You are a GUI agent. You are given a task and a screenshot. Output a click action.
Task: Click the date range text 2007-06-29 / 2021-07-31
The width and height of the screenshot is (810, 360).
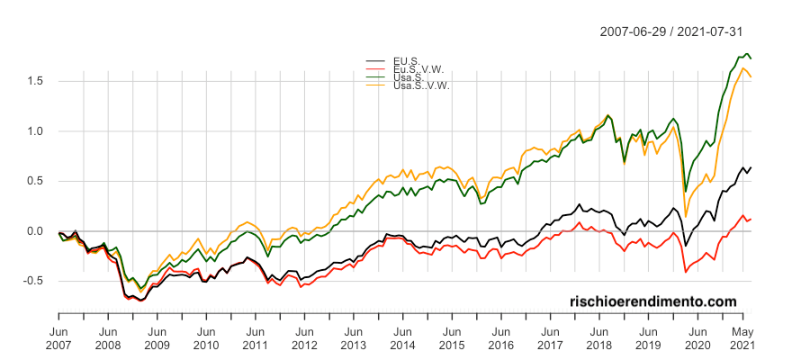click(x=671, y=31)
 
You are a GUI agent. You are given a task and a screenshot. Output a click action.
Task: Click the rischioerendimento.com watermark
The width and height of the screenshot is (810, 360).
click(x=653, y=301)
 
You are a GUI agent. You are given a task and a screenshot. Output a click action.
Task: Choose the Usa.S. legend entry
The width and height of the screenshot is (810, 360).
click(x=409, y=77)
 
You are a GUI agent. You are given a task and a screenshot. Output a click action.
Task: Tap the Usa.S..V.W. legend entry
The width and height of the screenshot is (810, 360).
click(x=420, y=85)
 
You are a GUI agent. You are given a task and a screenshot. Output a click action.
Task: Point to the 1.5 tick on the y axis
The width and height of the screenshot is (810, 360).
click(x=39, y=81)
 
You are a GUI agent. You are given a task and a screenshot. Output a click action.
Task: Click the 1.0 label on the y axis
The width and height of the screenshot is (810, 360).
click(x=39, y=131)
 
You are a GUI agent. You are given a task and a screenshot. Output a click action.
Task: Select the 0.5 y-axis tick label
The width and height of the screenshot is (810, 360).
click(x=39, y=181)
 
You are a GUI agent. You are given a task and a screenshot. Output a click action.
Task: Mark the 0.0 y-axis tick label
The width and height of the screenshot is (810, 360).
click(x=39, y=231)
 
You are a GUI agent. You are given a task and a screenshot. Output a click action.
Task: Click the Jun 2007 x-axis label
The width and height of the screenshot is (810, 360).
click(x=58, y=337)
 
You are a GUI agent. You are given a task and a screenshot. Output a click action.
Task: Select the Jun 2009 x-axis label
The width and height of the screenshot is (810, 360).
click(x=157, y=337)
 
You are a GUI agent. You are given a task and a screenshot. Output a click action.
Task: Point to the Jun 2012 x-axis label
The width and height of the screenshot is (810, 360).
click(x=303, y=337)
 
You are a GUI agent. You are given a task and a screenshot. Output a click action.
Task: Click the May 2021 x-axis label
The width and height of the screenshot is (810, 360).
click(x=742, y=337)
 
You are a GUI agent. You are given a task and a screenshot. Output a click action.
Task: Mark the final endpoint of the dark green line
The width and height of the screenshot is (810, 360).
click(x=751, y=58)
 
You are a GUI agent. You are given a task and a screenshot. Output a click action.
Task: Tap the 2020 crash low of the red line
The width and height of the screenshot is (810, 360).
click(x=686, y=272)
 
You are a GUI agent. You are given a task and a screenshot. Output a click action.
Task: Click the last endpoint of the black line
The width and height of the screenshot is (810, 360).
click(x=751, y=167)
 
